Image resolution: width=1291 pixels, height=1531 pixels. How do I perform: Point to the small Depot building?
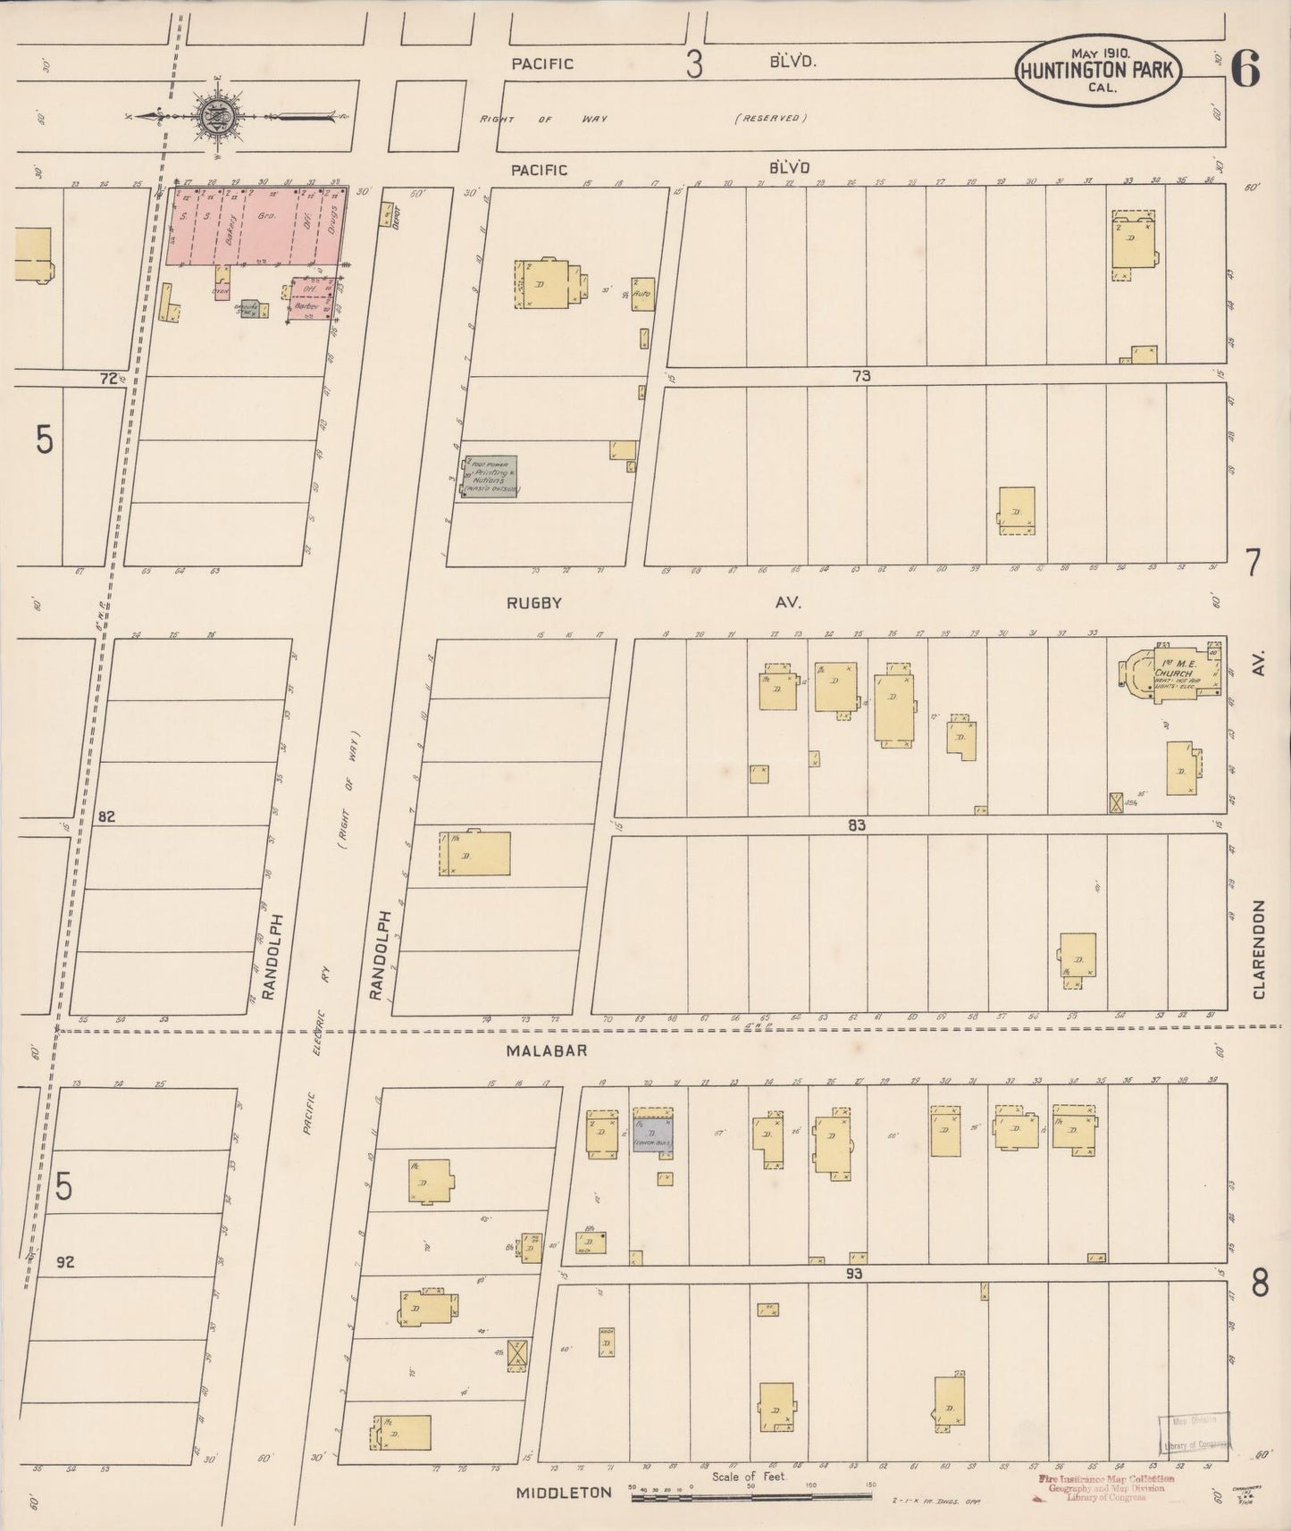tap(387, 214)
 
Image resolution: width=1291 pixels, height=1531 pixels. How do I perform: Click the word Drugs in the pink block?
tap(333, 217)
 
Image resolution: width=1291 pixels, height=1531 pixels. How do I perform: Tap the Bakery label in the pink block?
tap(231, 217)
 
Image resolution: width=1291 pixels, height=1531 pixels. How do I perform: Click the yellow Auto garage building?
tap(642, 293)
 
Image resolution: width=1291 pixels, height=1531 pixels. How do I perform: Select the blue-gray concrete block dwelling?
tap(652, 1134)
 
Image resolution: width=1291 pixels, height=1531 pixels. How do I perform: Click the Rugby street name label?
tap(534, 603)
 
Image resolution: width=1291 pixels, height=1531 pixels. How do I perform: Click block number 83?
tap(857, 825)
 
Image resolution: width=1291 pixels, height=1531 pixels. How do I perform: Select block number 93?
tap(855, 1273)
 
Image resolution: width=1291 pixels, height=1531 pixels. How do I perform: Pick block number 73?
tap(860, 376)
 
